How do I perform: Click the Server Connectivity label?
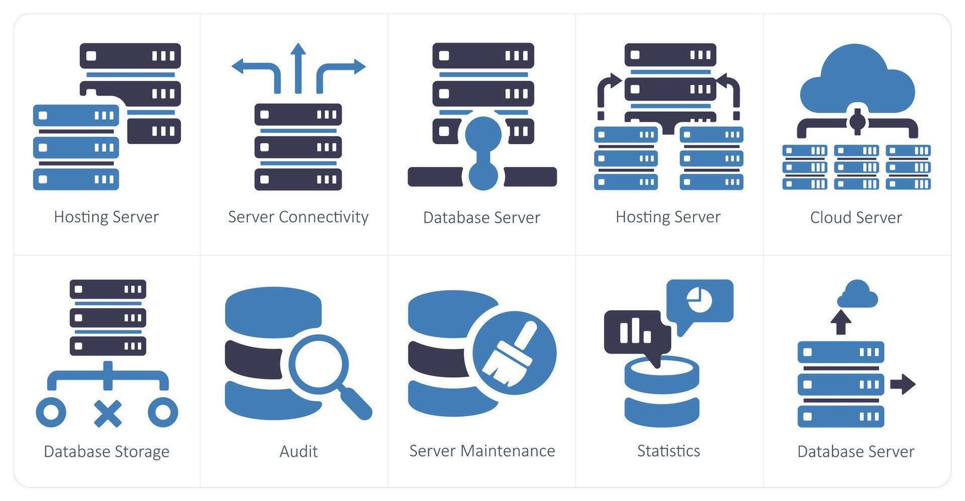point(298,217)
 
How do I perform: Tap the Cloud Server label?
point(855,217)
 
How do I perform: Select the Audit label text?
point(298,451)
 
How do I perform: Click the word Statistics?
point(668,450)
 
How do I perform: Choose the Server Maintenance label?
point(482,450)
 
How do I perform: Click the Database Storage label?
point(106,451)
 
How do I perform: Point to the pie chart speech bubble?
point(700,302)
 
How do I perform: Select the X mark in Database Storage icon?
point(108,413)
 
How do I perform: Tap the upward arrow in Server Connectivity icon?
point(298,66)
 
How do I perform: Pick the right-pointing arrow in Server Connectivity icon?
point(342,69)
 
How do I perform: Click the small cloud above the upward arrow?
point(857,295)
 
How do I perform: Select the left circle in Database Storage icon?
point(51,412)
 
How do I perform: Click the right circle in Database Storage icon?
point(163,412)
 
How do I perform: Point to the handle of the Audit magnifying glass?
point(356,404)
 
